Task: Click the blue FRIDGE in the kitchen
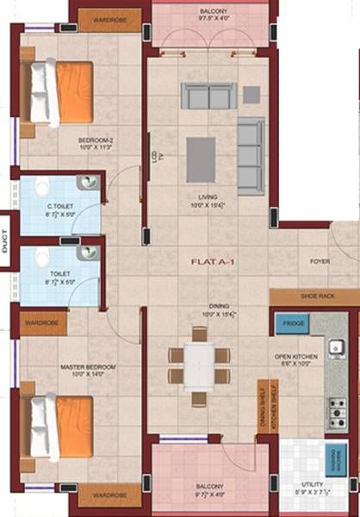coord(290,324)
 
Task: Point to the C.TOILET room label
coord(59,207)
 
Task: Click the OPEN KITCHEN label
coord(295,356)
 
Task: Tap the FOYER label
coord(320,260)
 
